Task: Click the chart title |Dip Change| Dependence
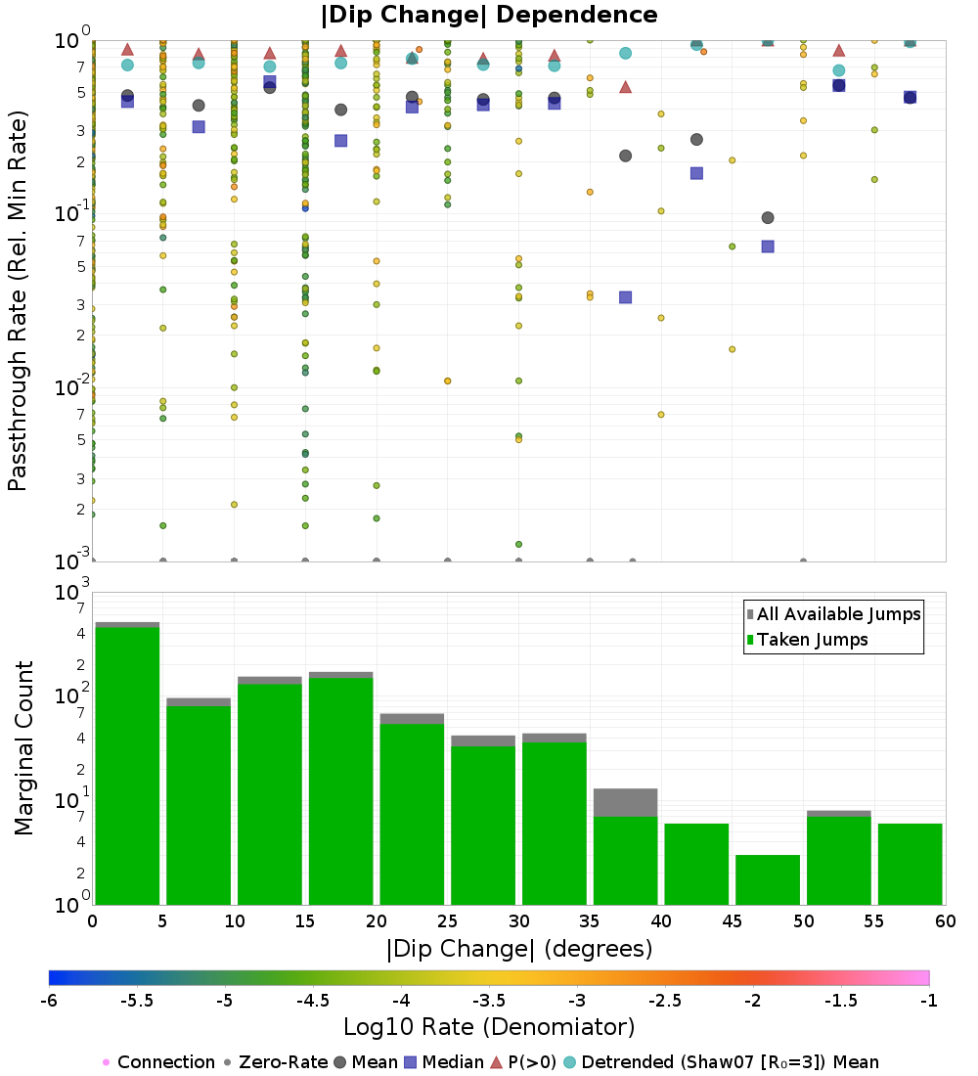(489, 15)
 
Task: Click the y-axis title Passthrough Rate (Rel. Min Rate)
(19, 300)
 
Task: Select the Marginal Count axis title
(23, 748)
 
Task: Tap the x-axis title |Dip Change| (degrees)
(518, 948)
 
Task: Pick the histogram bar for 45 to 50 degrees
(768, 879)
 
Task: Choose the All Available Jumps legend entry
(832, 614)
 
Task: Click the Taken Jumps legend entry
(807, 640)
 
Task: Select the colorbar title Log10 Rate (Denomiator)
(489, 1027)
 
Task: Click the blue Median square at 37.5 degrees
(625, 297)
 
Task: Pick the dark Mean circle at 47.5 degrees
(768, 217)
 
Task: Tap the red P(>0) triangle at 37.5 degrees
(625, 87)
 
